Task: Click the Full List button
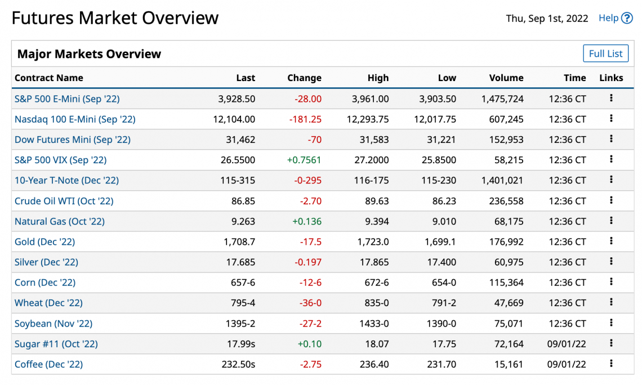click(x=605, y=53)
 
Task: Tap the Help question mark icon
click(x=627, y=18)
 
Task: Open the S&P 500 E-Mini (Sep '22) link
click(x=67, y=99)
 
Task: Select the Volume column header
click(x=506, y=78)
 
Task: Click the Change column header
click(x=304, y=78)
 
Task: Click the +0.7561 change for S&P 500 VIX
click(x=304, y=160)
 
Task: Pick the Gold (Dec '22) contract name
click(x=44, y=242)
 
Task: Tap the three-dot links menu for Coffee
click(x=611, y=363)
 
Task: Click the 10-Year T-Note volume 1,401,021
click(x=502, y=181)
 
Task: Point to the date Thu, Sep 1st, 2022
click(x=547, y=19)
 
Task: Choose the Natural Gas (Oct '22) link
click(x=59, y=221)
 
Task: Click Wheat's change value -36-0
click(x=310, y=303)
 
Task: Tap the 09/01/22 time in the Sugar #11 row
click(x=567, y=344)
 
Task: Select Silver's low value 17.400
click(x=442, y=262)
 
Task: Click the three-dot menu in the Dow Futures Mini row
click(x=611, y=138)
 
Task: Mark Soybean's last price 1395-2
click(x=240, y=324)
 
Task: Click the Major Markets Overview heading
click(x=89, y=54)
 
